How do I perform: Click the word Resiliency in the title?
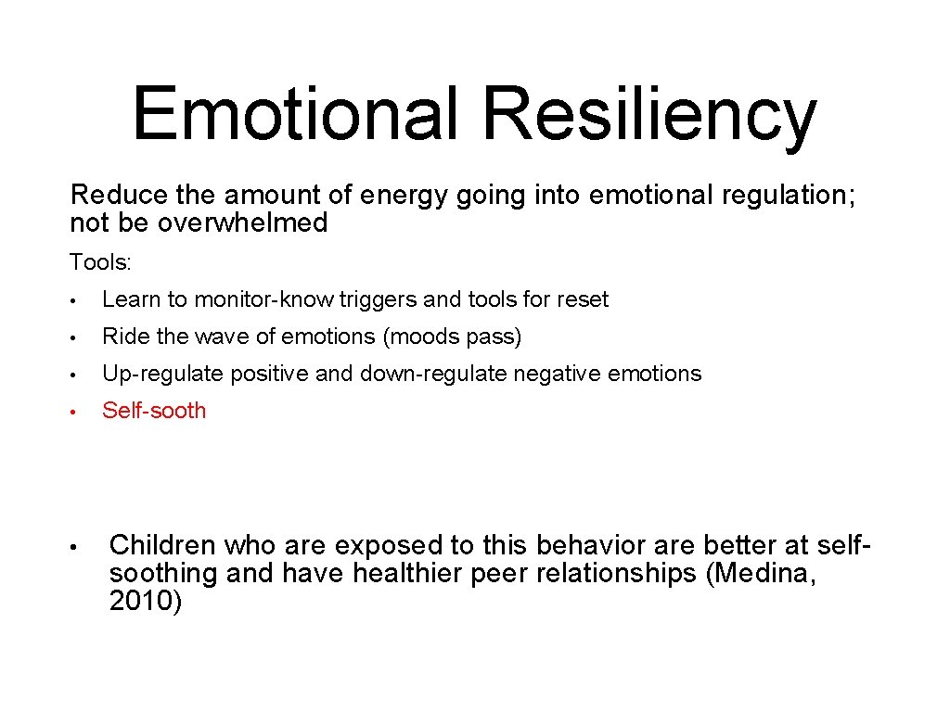coord(649,113)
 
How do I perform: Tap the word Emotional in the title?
coord(296,113)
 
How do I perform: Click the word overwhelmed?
coord(242,222)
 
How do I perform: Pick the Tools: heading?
coord(101,262)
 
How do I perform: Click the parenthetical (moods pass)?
coord(452,337)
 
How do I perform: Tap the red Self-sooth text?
coord(154,411)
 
